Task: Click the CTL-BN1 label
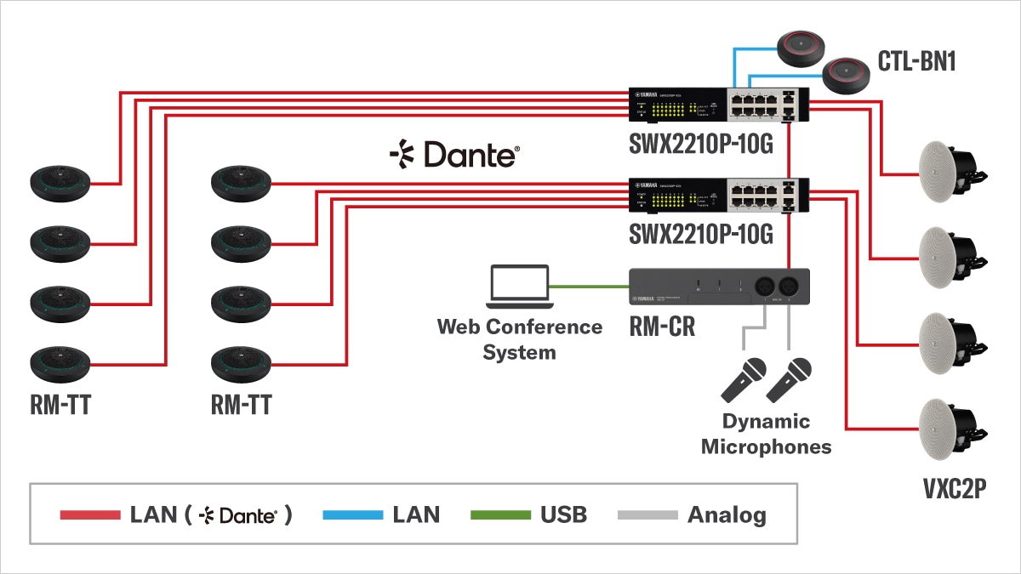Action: click(915, 60)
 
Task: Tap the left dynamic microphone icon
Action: click(743, 378)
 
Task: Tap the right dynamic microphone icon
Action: click(788, 378)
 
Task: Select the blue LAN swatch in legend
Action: click(353, 515)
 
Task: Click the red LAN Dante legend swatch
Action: click(90, 515)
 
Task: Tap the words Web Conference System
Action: click(519, 338)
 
